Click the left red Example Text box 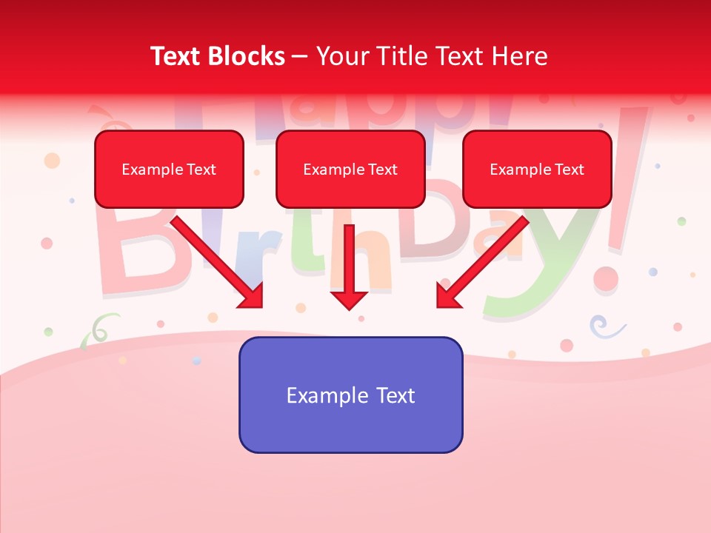pos(169,169)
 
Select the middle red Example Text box pos(350,169)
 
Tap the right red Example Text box pos(537,169)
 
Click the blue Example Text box pos(350,395)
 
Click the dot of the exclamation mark pos(605,279)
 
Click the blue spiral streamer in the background pos(601,325)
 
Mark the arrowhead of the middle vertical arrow pos(349,299)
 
